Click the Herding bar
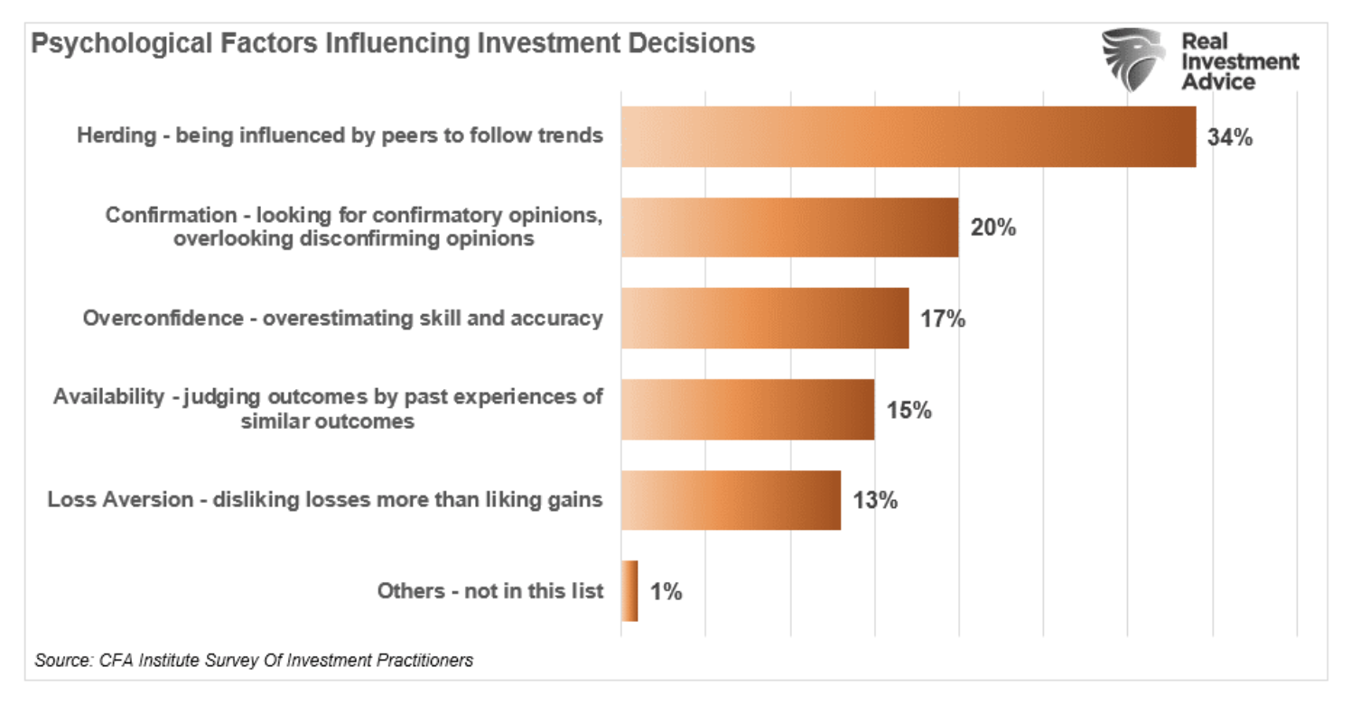pyautogui.click(x=908, y=136)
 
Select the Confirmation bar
pyautogui.click(x=789, y=227)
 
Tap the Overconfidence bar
pyautogui.click(x=764, y=318)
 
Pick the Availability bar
pyautogui.click(x=747, y=409)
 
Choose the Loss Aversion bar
pyautogui.click(x=731, y=500)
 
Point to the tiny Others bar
pyautogui.click(x=629, y=591)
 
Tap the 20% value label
pyautogui.click(x=993, y=227)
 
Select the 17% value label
pyautogui.click(x=943, y=319)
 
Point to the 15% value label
pyautogui.click(x=908, y=410)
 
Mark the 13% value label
pyautogui.click(x=874, y=500)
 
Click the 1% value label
pyautogui.click(x=666, y=592)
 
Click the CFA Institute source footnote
pyautogui.click(x=254, y=660)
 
